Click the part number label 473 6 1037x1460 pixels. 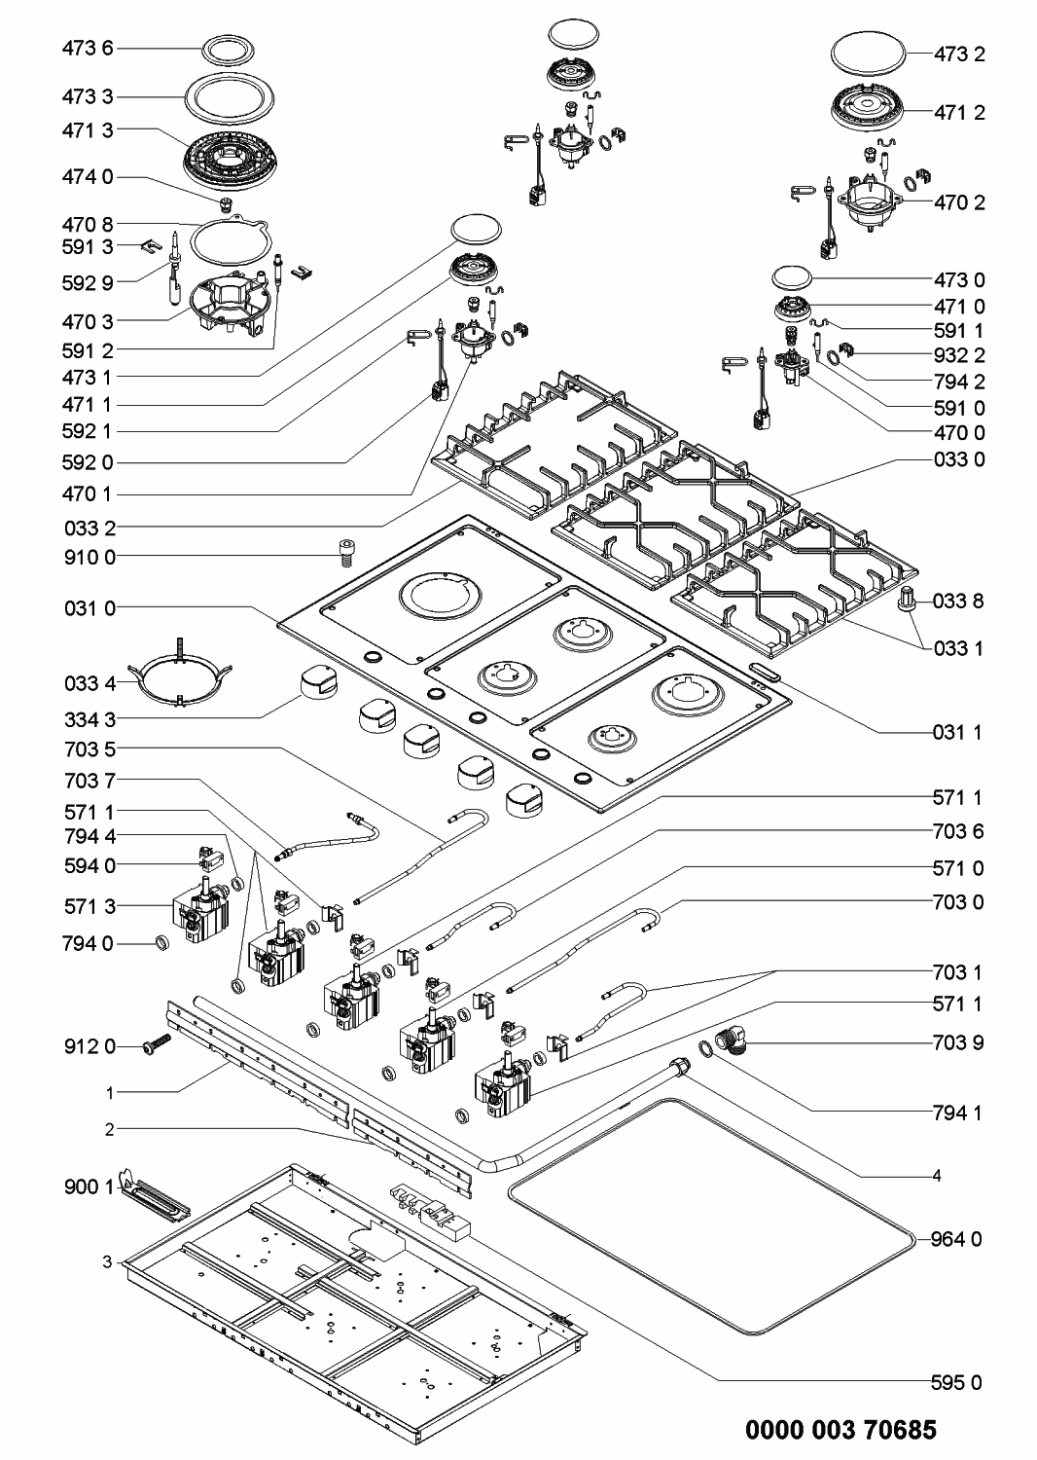pyautogui.click(x=88, y=49)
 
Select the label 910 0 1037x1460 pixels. pyautogui.click(x=89, y=558)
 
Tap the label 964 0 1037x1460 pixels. pyautogui.click(x=956, y=1239)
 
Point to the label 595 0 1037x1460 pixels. pyautogui.click(x=956, y=1382)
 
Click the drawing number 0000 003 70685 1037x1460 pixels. pyautogui.click(x=840, y=1430)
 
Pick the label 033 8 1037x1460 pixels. pyautogui.click(x=958, y=601)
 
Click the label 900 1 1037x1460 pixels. pyautogui.click(x=89, y=1186)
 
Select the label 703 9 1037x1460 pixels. pyautogui.click(x=958, y=1042)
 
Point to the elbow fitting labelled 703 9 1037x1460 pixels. pyautogui.click(x=732, y=1040)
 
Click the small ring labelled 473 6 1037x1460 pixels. pyautogui.click(x=228, y=50)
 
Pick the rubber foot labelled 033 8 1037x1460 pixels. pyautogui.click(x=907, y=599)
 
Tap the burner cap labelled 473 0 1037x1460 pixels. pyautogui.click(x=792, y=277)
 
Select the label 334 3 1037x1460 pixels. pyautogui.click(x=89, y=719)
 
